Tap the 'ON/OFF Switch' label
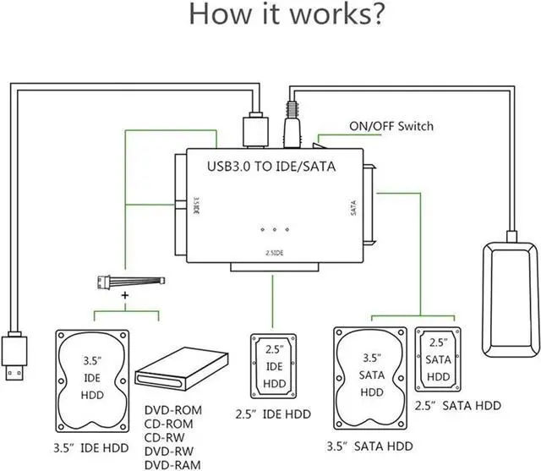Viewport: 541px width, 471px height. click(x=391, y=127)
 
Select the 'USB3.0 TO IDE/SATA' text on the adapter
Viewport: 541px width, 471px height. click(x=271, y=167)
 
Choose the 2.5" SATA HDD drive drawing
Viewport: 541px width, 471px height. click(x=437, y=359)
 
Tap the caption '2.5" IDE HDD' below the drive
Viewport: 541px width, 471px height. click(x=271, y=414)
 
